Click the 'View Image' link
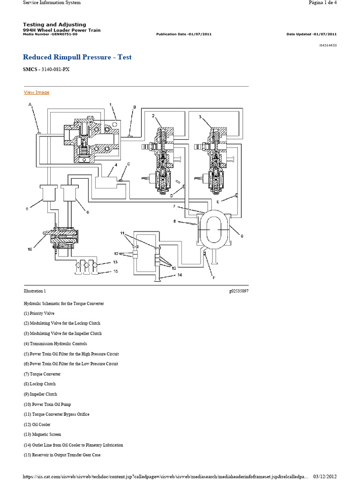[37, 92]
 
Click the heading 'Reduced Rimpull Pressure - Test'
[77, 57]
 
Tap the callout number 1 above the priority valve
[110, 105]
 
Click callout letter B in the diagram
[134, 107]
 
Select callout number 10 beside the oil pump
[30, 249]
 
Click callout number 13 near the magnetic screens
[115, 262]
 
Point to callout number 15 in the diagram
[115, 271]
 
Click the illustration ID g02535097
[239, 291]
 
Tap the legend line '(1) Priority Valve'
[39, 314]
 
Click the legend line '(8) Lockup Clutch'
[40, 384]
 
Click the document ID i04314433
[327, 45]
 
